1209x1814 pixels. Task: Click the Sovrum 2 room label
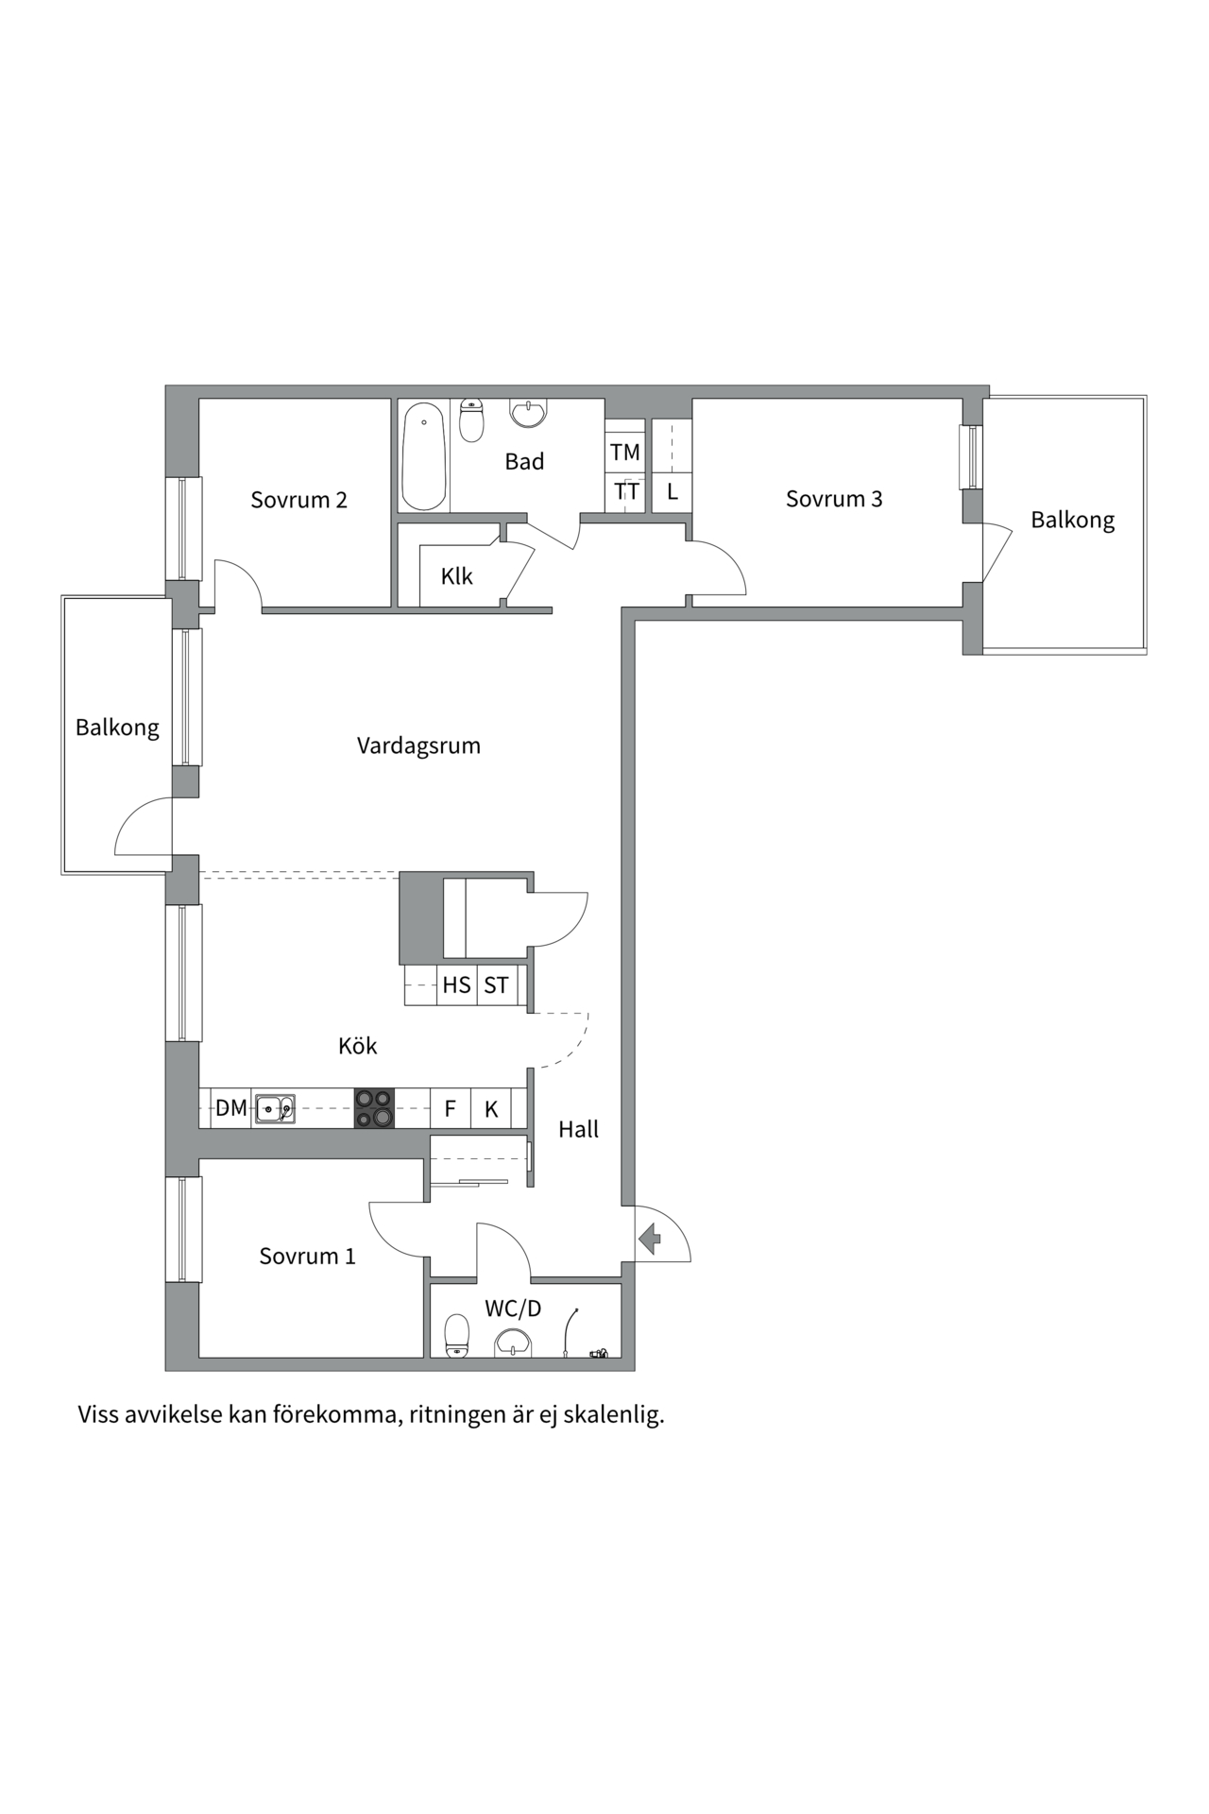[298, 500]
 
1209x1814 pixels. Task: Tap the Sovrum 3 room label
[834, 499]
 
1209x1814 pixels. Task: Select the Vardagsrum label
[418, 745]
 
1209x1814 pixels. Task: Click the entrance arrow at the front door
[649, 1238]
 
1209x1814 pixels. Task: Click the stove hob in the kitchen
[374, 1108]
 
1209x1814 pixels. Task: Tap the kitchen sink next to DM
[275, 1108]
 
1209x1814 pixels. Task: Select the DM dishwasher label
[230, 1108]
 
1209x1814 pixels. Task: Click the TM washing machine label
[624, 453]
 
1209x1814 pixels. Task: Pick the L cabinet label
[673, 492]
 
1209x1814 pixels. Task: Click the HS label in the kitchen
[456, 985]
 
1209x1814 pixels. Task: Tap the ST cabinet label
[496, 985]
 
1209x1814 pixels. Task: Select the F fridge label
[450, 1109]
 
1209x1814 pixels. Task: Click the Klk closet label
[456, 576]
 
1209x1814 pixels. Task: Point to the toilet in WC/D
[457, 1335]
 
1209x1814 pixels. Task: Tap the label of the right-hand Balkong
[1072, 521]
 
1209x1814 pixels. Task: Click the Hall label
[578, 1129]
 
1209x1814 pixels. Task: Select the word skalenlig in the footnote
[614, 1415]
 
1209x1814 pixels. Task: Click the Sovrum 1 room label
[307, 1257]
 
